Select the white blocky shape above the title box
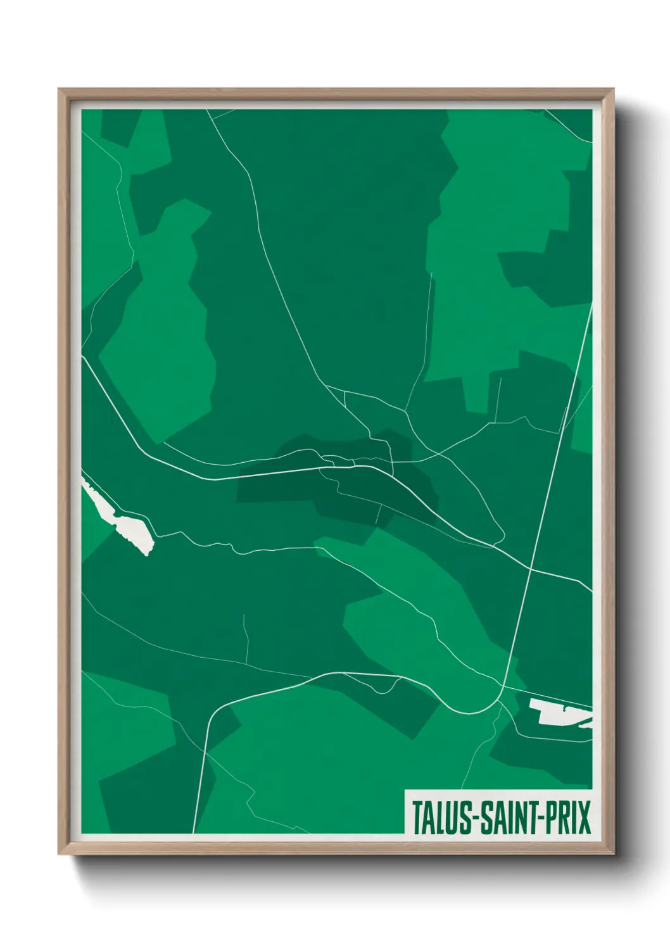pyautogui.click(x=557, y=712)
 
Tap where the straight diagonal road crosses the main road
pyautogui.click(x=530, y=569)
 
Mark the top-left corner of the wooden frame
pyautogui.click(x=60, y=90)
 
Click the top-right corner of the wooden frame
pyautogui.click(x=613, y=90)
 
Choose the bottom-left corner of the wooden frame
pyautogui.click(x=60, y=853)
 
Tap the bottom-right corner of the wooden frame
pyautogui.click(x=613, y=853)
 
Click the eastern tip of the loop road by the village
pyautogui.click(x=503, y=535)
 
